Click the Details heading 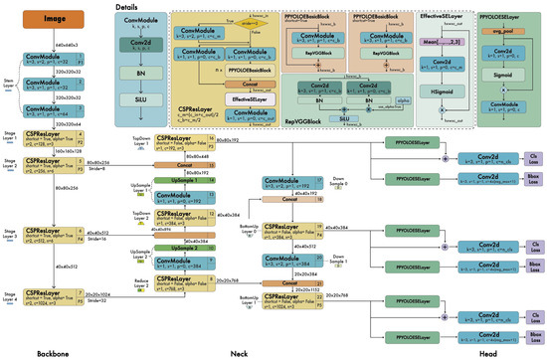(126, 6)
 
